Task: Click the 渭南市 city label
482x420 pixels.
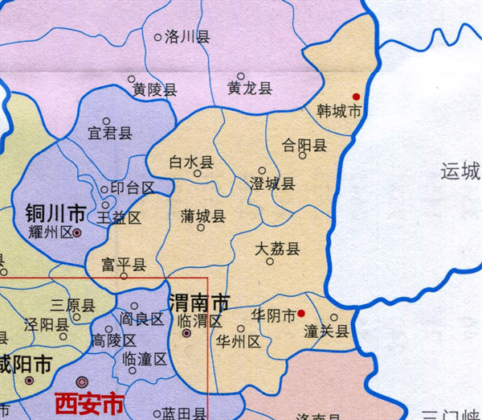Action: [x=199, y=303]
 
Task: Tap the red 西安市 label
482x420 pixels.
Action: [x=89, y=401]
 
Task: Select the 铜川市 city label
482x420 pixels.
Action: [x=55, y=214]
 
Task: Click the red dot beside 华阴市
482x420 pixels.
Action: [x=301, y=313]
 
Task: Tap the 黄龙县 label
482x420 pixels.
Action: [x=249, y=89]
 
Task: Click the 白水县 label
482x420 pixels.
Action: [x=192, y=163]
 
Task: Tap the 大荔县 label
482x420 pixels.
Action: [x=276, y=249]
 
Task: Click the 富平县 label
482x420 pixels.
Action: [x=124, y=265]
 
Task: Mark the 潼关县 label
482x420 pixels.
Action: [x=326, y=331]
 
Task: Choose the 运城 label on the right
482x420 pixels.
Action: [x=460, y=171]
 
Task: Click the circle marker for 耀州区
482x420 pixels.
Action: [x=77, y=233]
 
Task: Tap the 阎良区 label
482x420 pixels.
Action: [x=141, y=319]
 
